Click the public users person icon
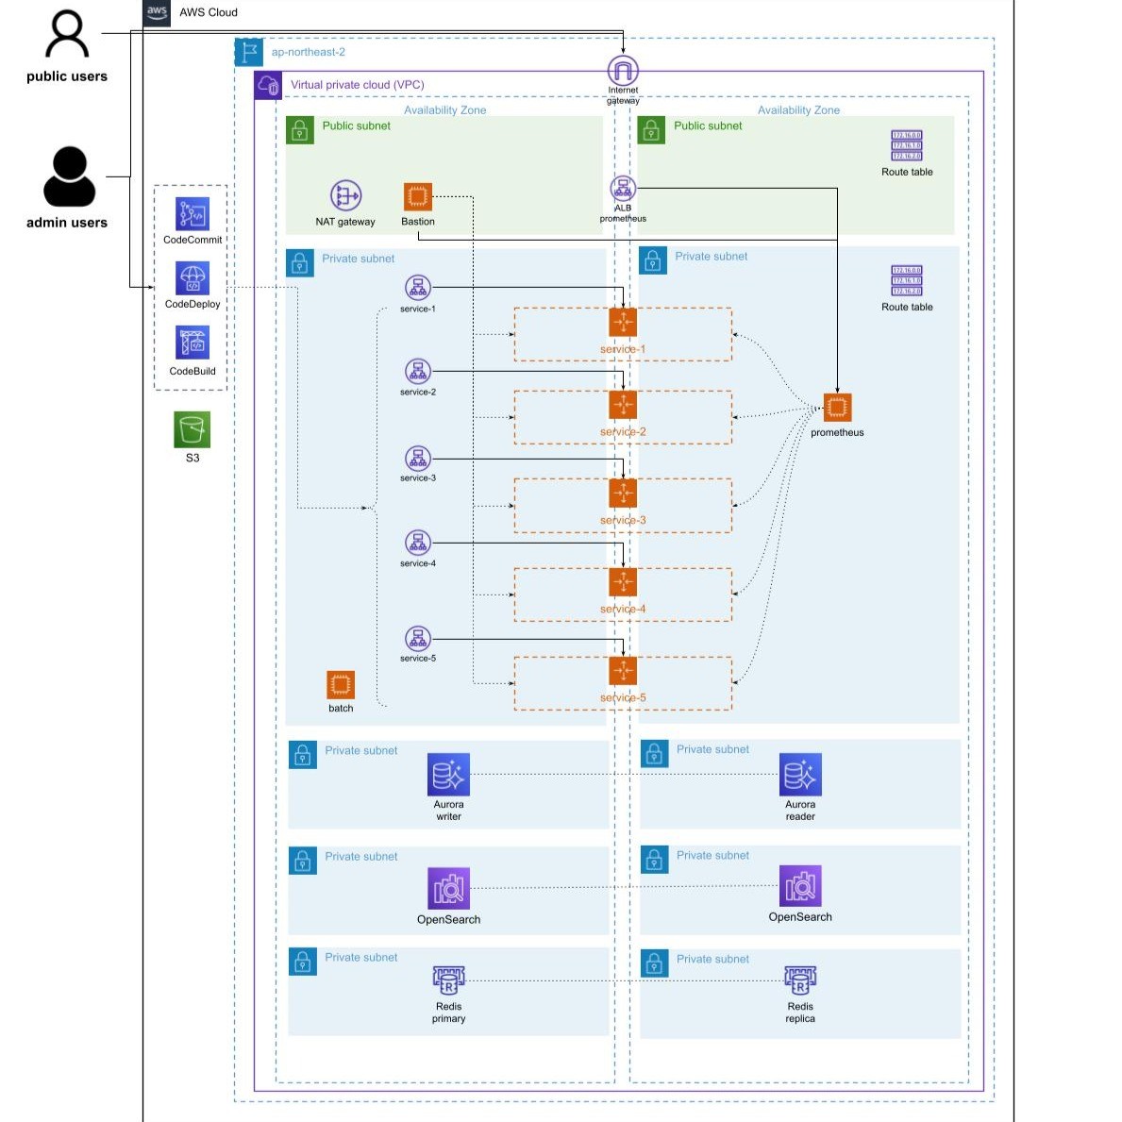[67, 35]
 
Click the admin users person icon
[69, 176]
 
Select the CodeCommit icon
[193, 214]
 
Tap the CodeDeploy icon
[193, 278]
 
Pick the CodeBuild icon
[193, 344]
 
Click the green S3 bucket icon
[193, 429]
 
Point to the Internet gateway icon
[623, 70]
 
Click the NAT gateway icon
[345, 196]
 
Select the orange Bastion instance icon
[418, 197]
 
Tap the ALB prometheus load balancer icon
[623, 188]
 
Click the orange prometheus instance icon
[837, 408]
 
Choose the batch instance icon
[341, 685]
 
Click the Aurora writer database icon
[448, 775]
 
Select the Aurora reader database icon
[800, 775]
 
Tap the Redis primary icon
[448, 981]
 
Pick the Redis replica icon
[800, 981]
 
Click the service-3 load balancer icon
[418, 459]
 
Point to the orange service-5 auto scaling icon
[623, 671]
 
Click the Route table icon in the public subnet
[907, 146]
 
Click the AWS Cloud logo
[157, 12]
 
